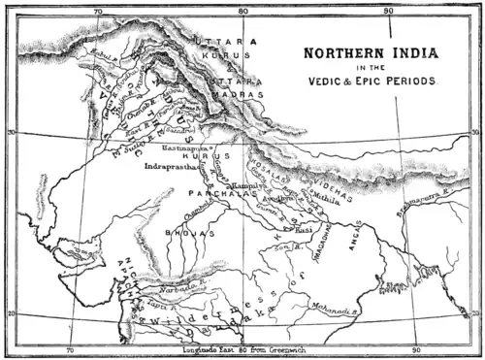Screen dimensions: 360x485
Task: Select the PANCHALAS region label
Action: (218, 194)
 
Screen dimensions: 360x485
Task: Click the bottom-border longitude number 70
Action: (69, 348)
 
